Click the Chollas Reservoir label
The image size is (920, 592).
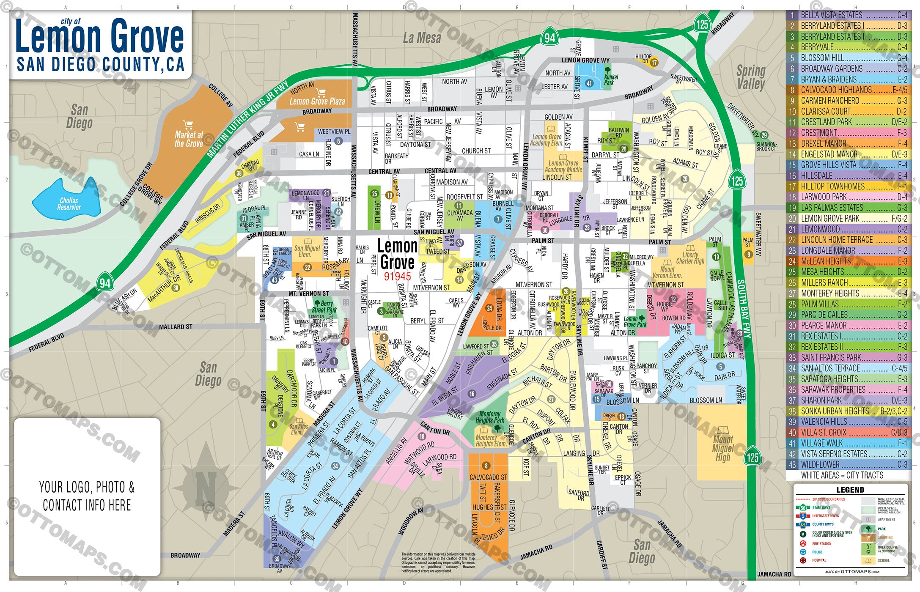click(69, 204)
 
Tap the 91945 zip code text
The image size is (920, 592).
click(397, 276)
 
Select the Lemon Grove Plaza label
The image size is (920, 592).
click(317, 101)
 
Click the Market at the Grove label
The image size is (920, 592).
click(189, 139)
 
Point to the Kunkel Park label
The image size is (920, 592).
click(611, 79)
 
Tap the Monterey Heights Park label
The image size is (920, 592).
click(489, 417)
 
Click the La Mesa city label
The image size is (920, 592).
click(422, 38)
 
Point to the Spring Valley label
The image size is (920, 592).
click(751, 77)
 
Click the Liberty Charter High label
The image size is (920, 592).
click(690, 258)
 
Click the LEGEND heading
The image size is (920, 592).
click(850, 490)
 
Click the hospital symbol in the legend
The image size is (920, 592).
click(802, 560)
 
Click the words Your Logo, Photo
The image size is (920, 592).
click(87, 487)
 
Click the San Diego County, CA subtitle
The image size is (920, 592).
click(101, 64)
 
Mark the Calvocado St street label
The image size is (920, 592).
click(488, 477)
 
